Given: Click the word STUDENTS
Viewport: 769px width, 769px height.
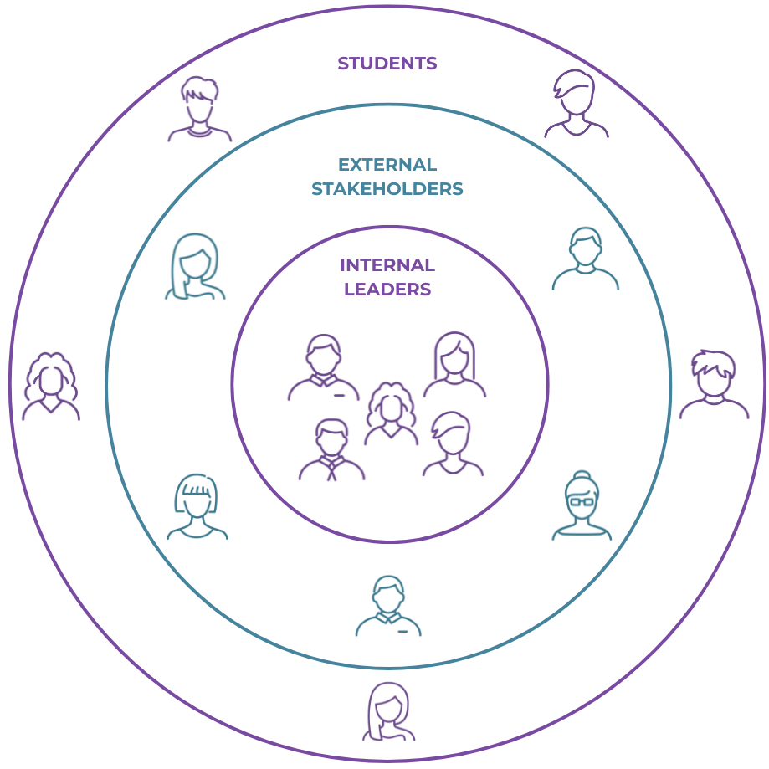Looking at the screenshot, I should [x=387, y=64].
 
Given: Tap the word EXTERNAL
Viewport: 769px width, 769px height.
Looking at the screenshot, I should [x=387, y=165].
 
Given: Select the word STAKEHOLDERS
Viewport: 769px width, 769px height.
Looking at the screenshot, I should [x=387, y=189].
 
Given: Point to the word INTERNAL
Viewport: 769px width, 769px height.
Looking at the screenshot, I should [x=387, y=265].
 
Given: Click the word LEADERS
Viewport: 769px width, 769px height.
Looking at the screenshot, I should [x=387, y=290].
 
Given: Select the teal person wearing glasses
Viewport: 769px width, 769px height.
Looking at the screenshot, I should [x=582, y=506].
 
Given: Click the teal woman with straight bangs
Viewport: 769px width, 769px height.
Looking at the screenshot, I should [x=197, y=506].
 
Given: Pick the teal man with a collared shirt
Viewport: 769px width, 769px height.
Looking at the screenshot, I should [x=387, y=606].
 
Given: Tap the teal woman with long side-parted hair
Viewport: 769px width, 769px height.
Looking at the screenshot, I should [x=195, y=266].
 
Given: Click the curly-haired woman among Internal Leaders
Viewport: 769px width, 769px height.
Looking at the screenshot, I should [x=391, y=413].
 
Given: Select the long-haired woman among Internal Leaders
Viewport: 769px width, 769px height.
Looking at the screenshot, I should [x=454, y=365].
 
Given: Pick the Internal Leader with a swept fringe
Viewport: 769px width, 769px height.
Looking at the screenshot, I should [x=453, y=444].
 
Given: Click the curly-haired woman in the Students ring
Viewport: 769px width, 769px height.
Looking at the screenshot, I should [x=51, y=386].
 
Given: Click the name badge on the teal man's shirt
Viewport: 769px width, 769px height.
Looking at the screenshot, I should [x=402, y=630].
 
